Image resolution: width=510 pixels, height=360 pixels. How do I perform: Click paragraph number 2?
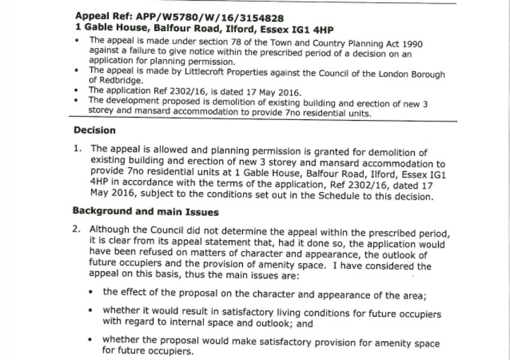point(76,230)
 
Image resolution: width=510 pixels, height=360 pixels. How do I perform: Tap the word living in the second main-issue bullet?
point(261,313)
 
